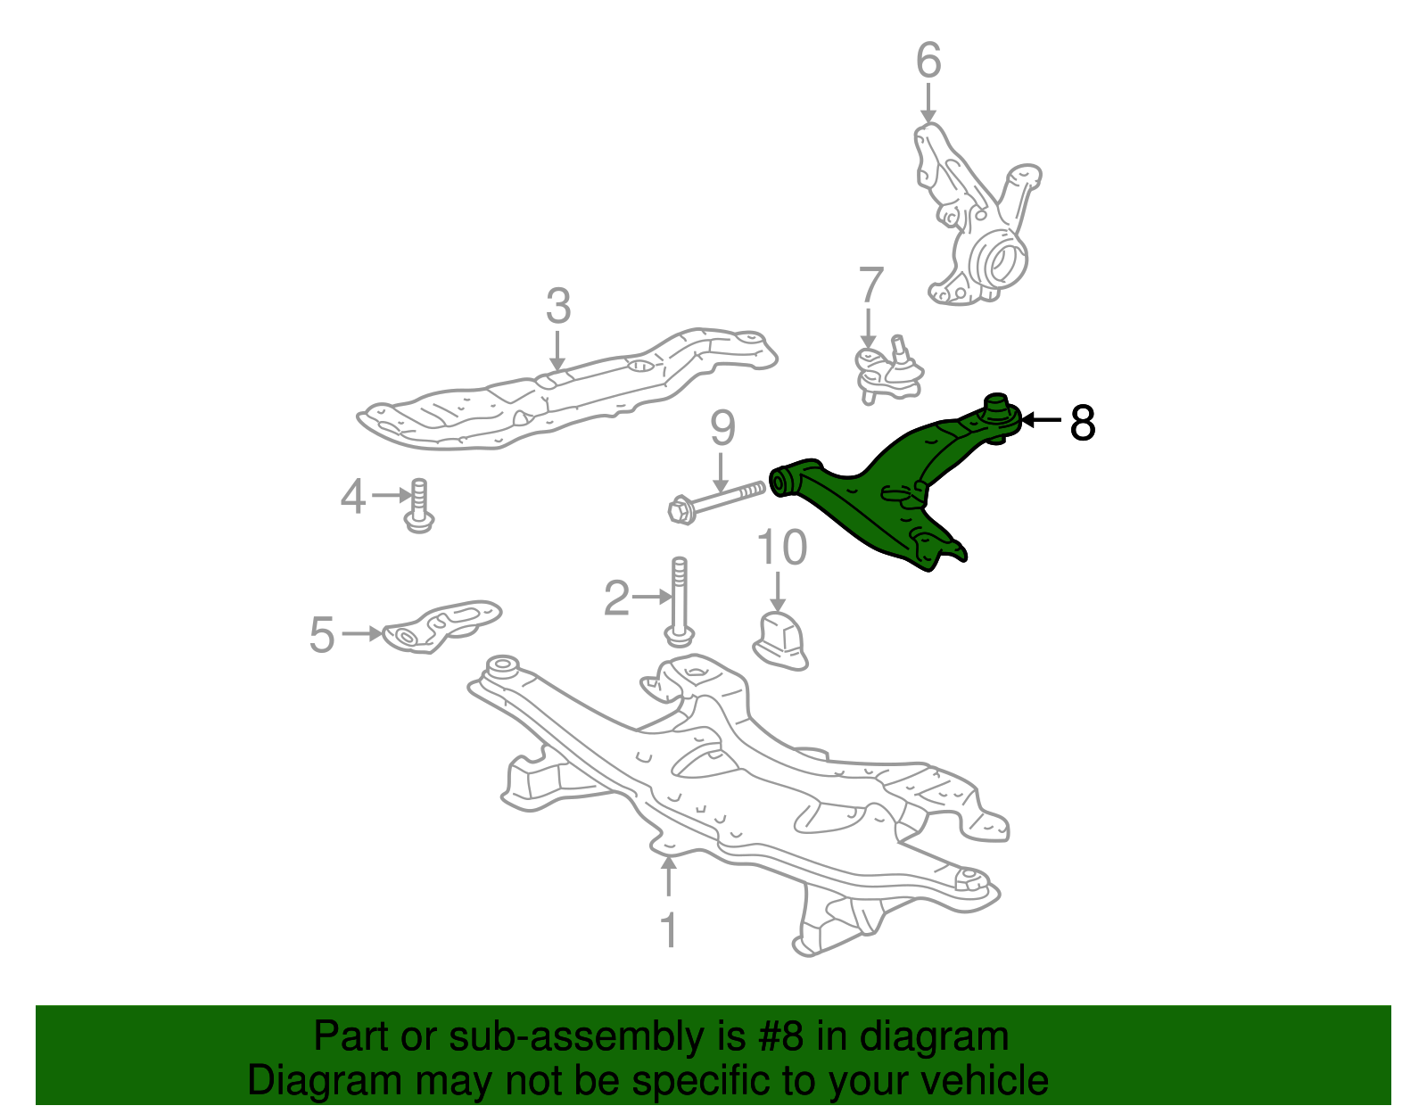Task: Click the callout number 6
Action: [x=928, y=61]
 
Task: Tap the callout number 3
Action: [x=558, y=306]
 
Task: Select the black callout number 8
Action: [x=1082, y=422]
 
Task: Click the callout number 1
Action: [x=669, y=929]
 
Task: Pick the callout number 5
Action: [x=322, y=635]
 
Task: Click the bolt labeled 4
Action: [x=419, y=506]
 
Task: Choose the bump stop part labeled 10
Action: [x=780, y=640]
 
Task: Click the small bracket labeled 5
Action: [x=441, y=625]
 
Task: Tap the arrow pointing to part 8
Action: [x=1042, y=420]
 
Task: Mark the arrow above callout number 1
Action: [x=669, y=877]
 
